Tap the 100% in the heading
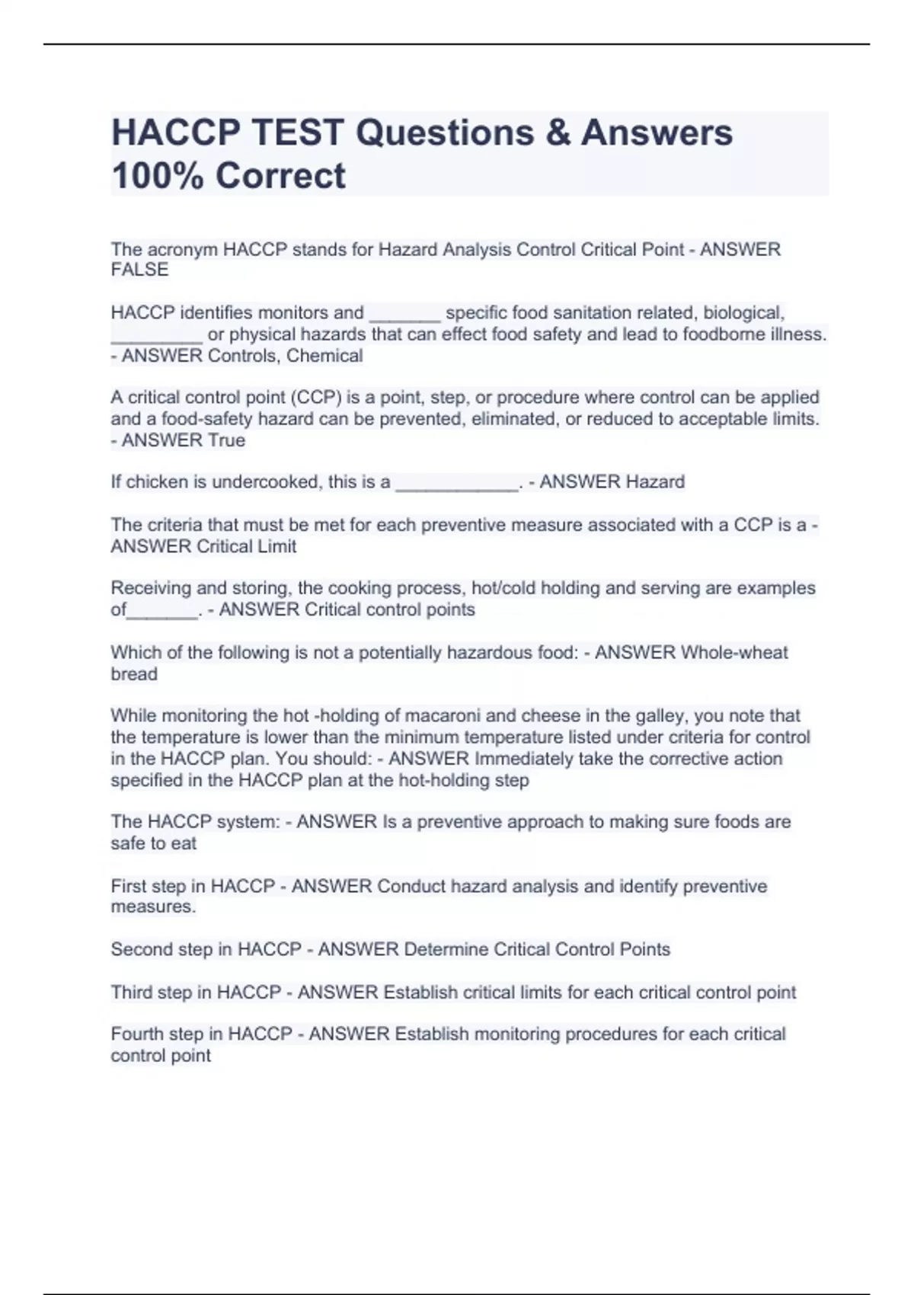click(156, 176)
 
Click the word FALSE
click(139, 270)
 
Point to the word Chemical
click(324, 356)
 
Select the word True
click(227, 440)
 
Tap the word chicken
click(162, 482)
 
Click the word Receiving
click(151, 588)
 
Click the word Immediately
click(523, 759)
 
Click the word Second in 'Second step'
click(141, 950)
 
